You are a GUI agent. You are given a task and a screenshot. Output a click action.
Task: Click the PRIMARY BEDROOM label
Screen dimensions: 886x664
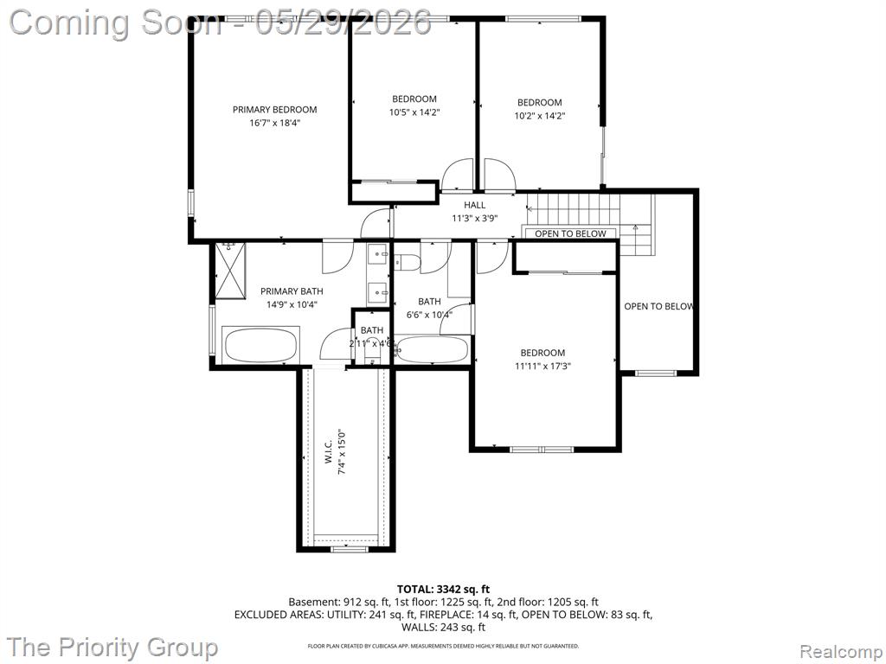coord(274,110)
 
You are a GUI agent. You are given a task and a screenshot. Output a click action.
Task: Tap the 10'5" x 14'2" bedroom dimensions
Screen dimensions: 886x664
coord(414,112)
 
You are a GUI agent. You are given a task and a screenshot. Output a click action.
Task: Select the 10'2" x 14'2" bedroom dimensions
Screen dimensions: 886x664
coord(540,116)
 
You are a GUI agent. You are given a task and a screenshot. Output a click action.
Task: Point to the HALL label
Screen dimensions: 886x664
coord(475,205)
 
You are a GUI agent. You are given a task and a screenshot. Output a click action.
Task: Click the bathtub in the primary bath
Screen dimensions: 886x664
coord(260,346)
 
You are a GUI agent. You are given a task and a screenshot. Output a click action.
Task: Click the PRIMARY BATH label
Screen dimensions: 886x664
coord(292,291)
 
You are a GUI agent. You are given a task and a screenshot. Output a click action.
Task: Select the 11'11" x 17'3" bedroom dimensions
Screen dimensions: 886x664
coord(543,366)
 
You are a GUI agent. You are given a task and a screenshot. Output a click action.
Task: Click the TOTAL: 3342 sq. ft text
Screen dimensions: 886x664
coord(444,590)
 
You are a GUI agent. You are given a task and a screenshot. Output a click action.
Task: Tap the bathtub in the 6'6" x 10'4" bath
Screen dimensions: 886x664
coord(432,349)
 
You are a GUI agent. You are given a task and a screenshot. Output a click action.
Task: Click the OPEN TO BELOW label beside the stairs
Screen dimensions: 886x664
coord(570,233)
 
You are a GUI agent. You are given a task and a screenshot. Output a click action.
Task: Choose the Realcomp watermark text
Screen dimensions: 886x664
coord(841,652)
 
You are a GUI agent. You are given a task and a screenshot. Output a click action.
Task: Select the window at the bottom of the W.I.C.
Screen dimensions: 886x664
coord(349,548)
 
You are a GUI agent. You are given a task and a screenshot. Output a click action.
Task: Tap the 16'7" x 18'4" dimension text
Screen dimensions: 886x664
coord(274,123)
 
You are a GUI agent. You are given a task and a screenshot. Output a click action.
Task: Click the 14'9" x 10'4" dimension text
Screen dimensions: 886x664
coord(292,305)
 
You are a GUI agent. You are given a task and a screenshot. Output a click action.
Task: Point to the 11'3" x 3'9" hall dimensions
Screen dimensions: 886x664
coord(475,219)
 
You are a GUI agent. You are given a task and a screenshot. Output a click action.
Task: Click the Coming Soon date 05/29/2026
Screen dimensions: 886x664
coord(343,22)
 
